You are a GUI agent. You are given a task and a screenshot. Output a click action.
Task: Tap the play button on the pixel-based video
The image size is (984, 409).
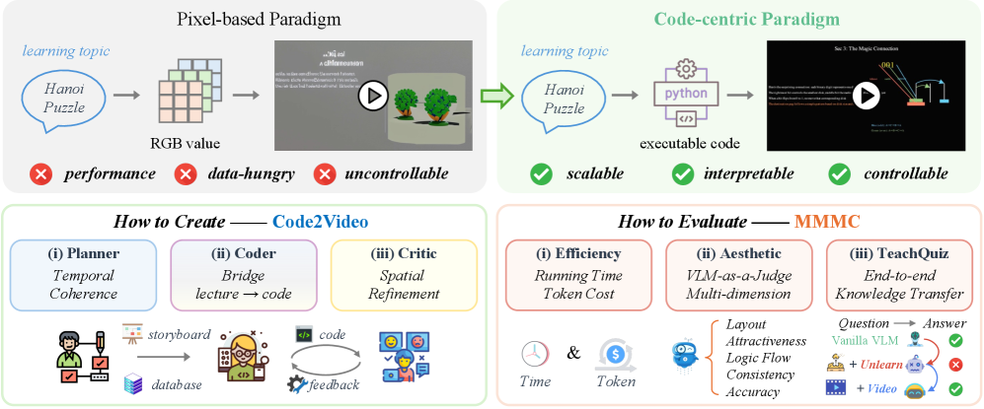pos(373,96)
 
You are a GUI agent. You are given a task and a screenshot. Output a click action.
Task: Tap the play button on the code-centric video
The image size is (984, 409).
pos(866,96)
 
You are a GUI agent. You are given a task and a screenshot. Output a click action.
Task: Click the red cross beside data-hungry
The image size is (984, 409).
pos(185,174)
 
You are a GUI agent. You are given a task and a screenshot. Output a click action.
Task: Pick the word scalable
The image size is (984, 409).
pos(595,174)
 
